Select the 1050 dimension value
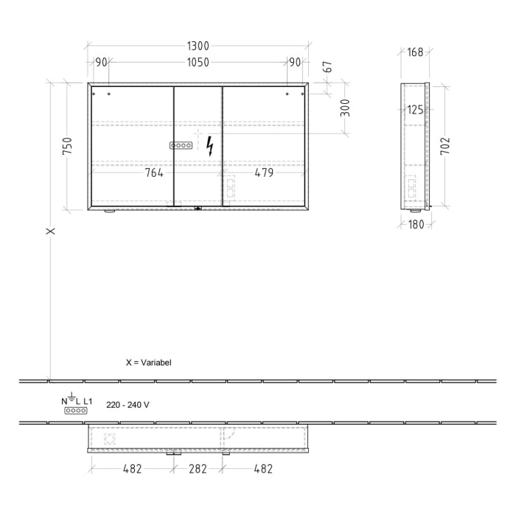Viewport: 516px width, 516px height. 198,63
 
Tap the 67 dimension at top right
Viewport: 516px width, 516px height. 328,67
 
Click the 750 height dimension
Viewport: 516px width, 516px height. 67,146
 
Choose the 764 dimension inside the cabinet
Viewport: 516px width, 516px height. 153,172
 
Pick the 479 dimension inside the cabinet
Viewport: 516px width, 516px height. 263,172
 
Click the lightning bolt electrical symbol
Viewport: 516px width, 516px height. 210,146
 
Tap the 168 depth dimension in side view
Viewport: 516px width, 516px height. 416,52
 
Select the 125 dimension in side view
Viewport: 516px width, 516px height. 416,110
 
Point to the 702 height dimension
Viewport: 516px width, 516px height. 445,145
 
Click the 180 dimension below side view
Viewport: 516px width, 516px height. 416,224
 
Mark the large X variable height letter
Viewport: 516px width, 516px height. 51,231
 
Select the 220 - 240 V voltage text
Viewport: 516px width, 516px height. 128,405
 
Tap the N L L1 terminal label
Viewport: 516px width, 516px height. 77,400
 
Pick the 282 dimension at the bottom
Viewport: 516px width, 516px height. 198,468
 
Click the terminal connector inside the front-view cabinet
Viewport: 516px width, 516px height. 181,146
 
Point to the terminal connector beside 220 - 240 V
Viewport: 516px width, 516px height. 76,411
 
